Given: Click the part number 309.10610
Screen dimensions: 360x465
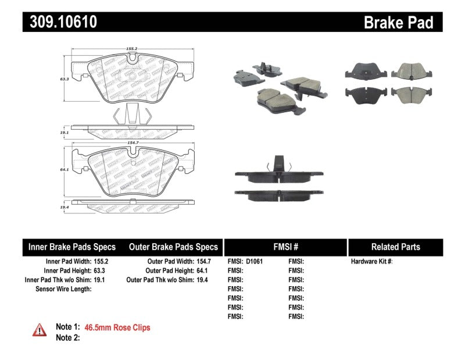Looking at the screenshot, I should point(60,23).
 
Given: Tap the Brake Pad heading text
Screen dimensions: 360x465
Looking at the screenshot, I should point(398,23).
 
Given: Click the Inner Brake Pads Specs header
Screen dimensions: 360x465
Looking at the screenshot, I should point(72,247).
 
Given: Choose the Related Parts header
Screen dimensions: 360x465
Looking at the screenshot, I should point(395,247).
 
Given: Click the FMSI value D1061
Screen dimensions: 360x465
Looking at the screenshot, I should point(255,262).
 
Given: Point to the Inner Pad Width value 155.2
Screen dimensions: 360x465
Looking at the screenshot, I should point(101,262).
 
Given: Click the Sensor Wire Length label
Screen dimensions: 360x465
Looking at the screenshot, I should point(63,289).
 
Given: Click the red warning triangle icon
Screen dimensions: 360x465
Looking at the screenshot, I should point(40,330).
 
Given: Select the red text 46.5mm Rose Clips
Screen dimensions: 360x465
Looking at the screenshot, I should point(117,328).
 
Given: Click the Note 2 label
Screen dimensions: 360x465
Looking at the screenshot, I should point(67,337).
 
